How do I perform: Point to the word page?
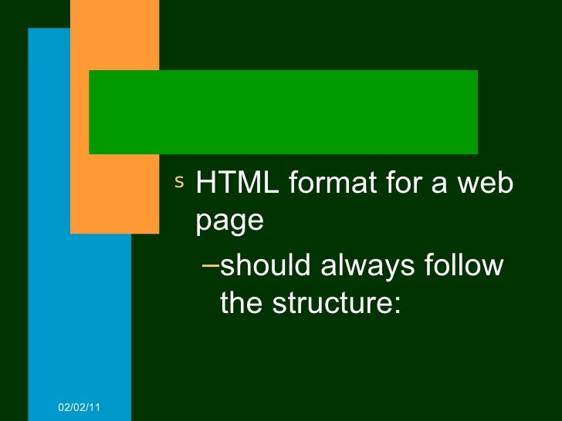[x=230, y=222]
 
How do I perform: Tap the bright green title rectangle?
[x=283, y=112]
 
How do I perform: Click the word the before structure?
[x=241, y=303]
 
